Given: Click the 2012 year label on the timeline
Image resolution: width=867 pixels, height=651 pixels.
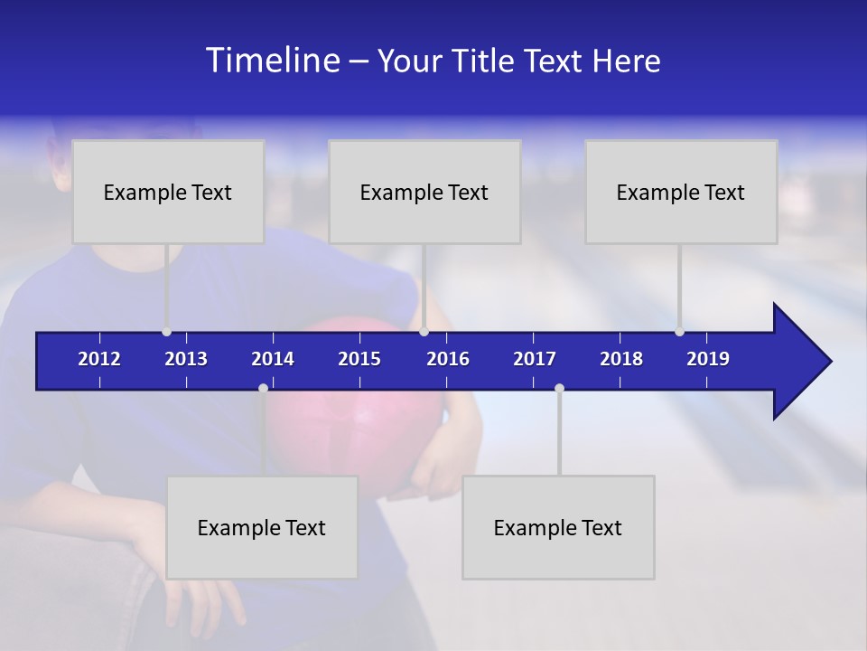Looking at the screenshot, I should (x=99, y=359).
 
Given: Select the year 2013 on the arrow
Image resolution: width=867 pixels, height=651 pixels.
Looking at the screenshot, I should (x=186, y=359).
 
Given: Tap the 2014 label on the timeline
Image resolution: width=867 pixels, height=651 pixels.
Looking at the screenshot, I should (x=273, y=359).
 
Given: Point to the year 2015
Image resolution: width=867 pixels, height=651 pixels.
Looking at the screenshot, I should (x=359, y=359).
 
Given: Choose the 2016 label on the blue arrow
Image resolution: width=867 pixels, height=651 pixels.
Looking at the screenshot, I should (x=448, y=359).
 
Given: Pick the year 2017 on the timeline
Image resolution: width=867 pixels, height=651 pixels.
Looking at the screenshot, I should (x=535, y=359).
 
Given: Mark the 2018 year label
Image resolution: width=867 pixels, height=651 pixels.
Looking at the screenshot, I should (x=621, y=359).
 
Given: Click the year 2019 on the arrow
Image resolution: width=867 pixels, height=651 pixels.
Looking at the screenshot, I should (x=708, y=359).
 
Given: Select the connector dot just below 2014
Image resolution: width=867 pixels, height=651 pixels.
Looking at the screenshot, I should (x=263, y=388).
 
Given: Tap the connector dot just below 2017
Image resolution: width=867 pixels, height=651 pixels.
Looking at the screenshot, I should (x=559, y=388).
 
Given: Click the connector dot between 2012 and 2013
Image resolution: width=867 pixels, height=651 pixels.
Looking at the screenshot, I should (x=166, y=332).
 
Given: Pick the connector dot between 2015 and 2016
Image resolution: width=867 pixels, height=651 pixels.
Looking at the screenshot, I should (x=424, y=332).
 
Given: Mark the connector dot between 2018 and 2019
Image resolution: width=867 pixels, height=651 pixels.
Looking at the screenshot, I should (x=679, y=332).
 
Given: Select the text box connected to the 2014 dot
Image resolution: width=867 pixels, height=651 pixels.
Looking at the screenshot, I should (x=262, y=527).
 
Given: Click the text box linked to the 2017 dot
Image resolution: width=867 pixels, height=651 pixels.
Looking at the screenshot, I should (x=558, y=527).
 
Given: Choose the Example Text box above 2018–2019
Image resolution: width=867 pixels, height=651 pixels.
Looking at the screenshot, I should (x=681, y=192).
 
